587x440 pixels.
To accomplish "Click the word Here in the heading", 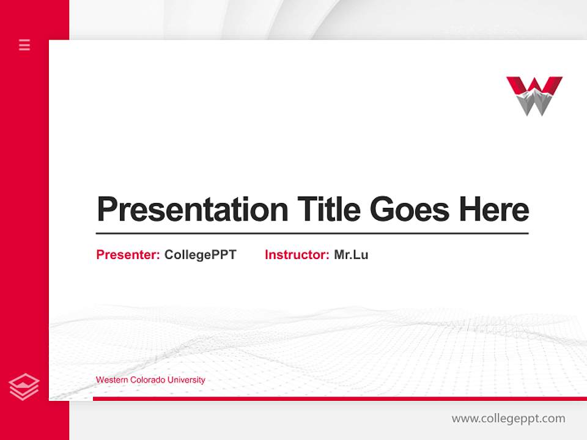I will (x=493, y=210).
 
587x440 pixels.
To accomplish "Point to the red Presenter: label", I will (x=128, y=255).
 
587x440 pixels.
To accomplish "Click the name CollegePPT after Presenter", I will (x=200, y=255).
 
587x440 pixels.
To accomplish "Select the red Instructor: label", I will (x=297, y=255).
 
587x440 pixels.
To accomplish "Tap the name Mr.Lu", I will (x=351, y=255).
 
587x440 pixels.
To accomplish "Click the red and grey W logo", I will (x=534, y=95).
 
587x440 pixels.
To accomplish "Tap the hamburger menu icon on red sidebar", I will (x=24, y=45).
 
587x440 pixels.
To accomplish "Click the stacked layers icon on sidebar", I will (x=24, y=387).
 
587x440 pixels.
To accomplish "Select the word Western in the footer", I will (x=111, y=380).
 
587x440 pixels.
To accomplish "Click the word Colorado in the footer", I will (x=147, y=380).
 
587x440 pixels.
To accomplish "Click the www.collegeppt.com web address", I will (x=508, y=419).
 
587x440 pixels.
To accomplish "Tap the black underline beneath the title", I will (x=312, y=233).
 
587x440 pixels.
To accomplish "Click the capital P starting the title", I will (x=106, y=210).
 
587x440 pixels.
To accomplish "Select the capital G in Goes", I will (x=383, y=210).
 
